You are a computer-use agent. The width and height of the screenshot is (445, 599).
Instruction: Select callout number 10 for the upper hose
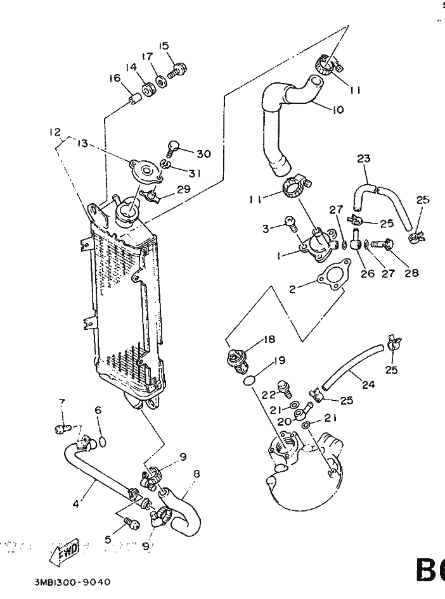point(337,110)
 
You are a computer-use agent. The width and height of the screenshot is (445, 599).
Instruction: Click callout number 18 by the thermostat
point(269,339)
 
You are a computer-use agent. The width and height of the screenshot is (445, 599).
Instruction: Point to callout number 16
point(115,78)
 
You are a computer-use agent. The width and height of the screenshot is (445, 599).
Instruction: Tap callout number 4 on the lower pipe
point(76,505)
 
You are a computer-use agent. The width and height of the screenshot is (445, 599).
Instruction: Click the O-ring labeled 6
point(102,441)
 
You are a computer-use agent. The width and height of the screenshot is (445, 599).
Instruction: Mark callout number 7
point(61,403)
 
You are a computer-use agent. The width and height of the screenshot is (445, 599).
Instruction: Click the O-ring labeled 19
point(250,381)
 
